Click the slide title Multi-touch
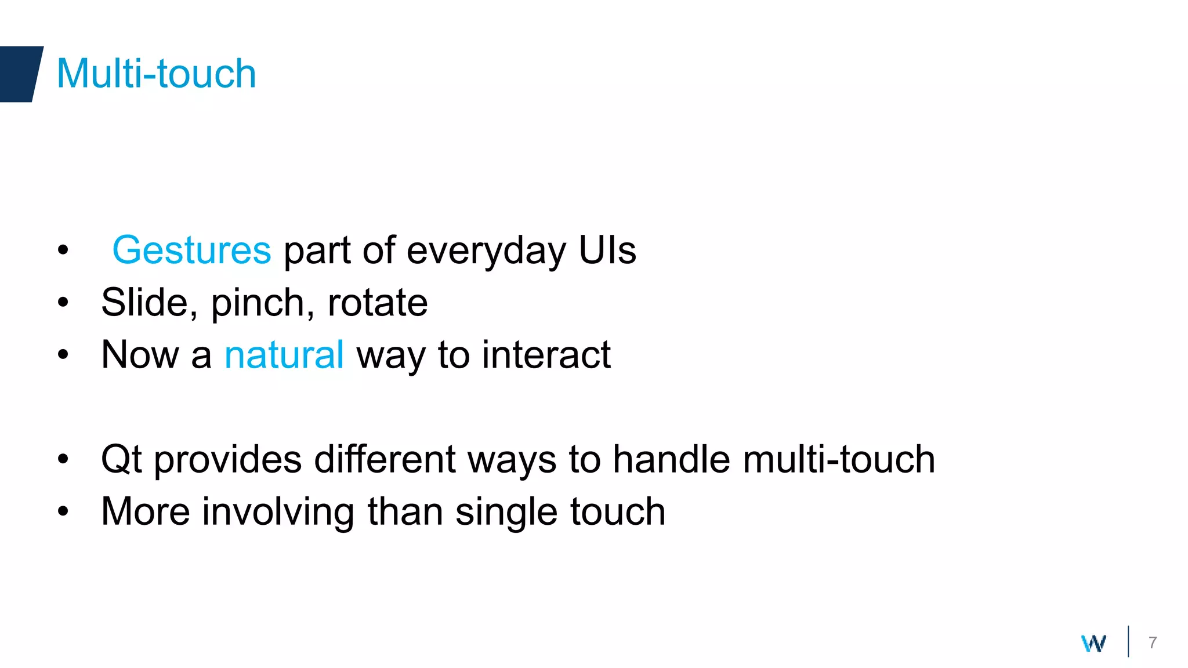(x=156, y=74)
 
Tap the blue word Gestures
(x=191, y=251)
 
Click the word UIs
(x=607, y=251)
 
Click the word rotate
(x=378, y=303)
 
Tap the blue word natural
(x=284, y=355)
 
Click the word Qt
(x=121, y=460)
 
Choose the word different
(x=385, y=459)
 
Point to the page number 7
(x=1153, y=642)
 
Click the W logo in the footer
(x=1093, y=643)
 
